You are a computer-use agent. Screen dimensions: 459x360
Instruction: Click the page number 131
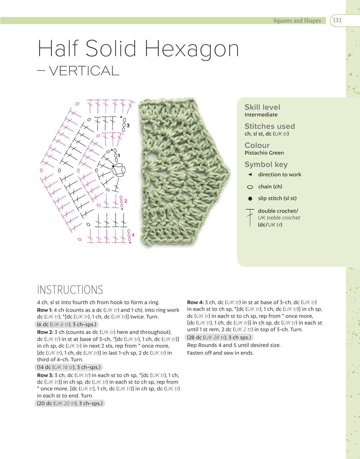point(337,20)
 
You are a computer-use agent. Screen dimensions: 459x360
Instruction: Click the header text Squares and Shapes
point(297,21)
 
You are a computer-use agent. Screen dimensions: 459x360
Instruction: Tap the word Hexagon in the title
point(192,49)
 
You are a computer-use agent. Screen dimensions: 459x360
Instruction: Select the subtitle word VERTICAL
point(84,71)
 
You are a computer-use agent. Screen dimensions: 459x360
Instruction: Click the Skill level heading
point(262,107)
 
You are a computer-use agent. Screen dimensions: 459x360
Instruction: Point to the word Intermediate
point(261,115)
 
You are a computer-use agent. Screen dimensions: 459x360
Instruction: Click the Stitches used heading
point(270,126)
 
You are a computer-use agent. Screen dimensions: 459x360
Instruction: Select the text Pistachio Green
point(264,153)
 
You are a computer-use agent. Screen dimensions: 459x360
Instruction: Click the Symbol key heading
point(266,164)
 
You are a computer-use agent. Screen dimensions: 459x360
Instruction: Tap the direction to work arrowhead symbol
point(250,174)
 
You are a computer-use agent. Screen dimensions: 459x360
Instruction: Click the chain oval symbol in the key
point(250,187)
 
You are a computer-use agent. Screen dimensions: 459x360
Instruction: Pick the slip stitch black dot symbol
point(250,199)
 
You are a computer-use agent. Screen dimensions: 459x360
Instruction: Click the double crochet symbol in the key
point(250,217)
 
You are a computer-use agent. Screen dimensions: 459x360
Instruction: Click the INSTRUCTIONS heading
point(70,290)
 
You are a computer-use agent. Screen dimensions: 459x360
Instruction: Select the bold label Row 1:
point(44,310)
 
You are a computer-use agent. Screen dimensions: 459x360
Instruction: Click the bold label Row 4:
point(195,302)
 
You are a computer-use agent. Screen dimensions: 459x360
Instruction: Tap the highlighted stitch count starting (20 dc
point(70,403)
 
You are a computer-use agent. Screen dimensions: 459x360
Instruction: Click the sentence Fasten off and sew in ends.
point(220,353)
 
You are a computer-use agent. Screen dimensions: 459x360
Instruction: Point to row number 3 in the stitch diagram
point(128,125)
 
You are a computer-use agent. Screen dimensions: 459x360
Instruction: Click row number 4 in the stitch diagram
point(133,235)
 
